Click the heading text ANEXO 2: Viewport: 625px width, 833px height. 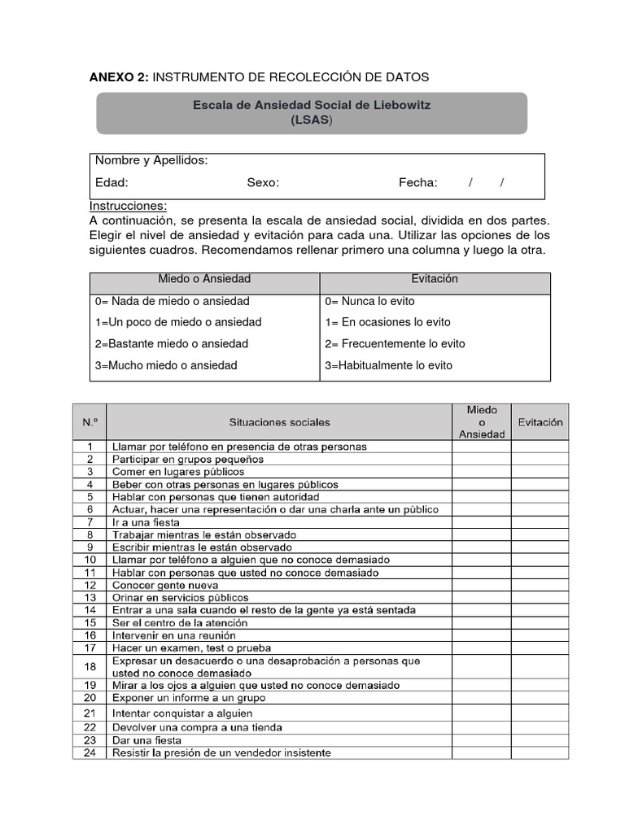tap(119, 76)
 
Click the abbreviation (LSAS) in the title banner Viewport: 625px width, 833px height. tap(312, 120)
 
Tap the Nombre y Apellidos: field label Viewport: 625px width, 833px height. tap(151, 160)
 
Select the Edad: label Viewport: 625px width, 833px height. tap(111, 183)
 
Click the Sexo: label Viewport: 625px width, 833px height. tap(263, 183)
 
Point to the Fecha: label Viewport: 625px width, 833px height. tap(417, 183)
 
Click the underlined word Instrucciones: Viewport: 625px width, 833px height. tap(128, 206)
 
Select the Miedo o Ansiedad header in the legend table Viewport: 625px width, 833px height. tap(204, 279)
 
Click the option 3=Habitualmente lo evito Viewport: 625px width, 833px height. tap(388, 365)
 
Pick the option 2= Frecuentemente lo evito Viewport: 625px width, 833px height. tap(395, 343)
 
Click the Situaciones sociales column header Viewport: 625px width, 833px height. tap(279, 422)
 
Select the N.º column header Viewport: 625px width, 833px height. tap(90, 422)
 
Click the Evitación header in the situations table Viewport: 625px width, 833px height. tap(540, 422)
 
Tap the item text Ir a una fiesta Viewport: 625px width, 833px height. tap(146, 522)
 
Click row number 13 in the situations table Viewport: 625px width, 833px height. tap(90, 597)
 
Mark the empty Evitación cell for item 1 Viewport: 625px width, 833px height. tap(540, 447)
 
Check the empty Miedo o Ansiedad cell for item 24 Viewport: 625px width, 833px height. tap(482, 753)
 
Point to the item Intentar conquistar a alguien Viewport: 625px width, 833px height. tap(182, 713)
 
